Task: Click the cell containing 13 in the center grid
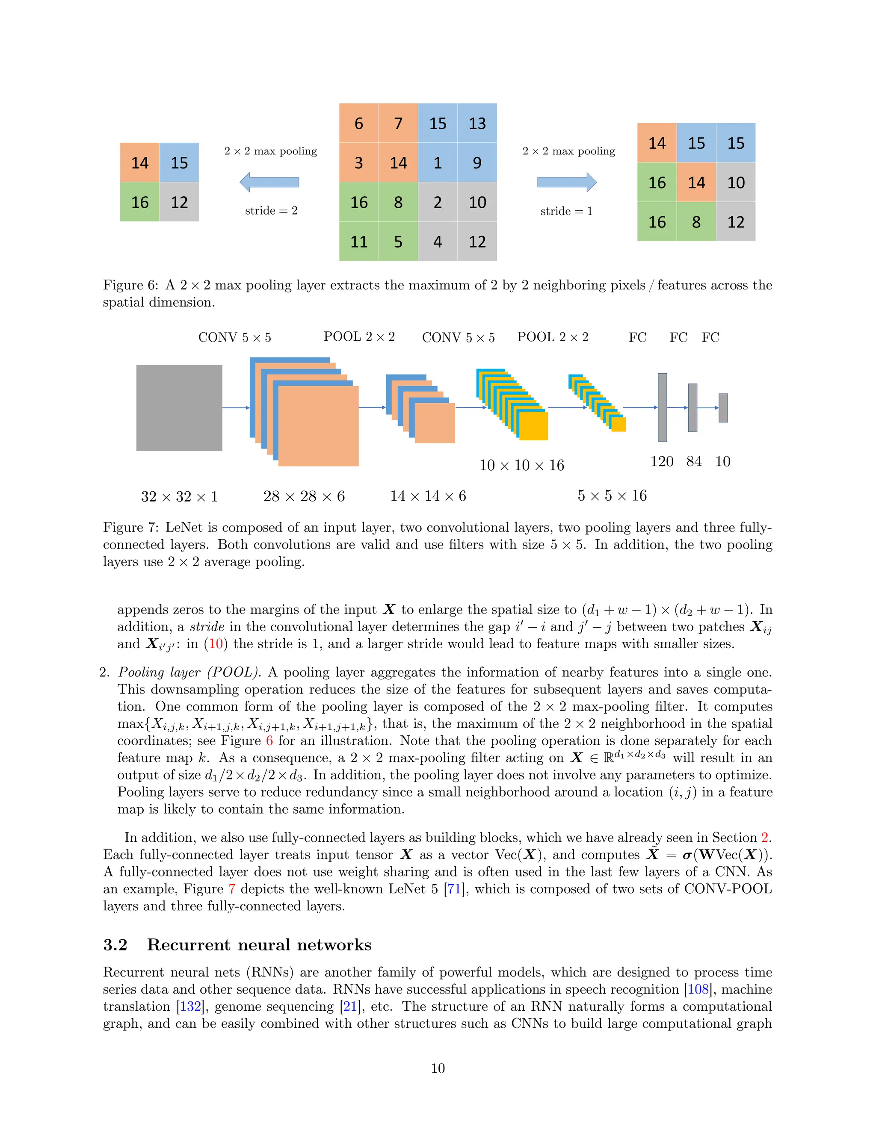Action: coord(477,124)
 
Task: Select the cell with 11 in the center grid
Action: coord(358,242)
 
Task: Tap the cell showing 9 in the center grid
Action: coord(477,163)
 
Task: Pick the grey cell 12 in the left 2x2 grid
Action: coord(179,202)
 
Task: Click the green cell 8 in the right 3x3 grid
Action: coord(696,222)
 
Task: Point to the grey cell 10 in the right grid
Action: coord(735,183)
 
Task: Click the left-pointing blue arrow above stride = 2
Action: coord(269,182)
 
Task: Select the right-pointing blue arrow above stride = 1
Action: coord(567,182)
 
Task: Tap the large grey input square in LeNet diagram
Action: coord(179,408)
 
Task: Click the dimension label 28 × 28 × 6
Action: coord(304,496)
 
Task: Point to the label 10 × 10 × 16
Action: coord(521,465)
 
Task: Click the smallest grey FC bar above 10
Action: coord(723,408)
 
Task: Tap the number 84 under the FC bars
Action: coord(694,462)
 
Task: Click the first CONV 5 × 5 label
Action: coord(234,338)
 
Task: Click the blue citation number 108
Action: coord(698,989)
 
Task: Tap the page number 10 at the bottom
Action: coord(438,1068)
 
